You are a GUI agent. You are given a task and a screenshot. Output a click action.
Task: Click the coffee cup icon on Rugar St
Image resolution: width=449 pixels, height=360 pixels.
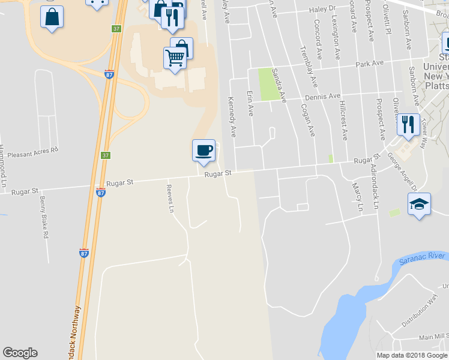[x=203, y=150]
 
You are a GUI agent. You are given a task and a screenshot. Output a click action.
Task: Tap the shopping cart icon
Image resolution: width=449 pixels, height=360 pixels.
[x=175, y=58]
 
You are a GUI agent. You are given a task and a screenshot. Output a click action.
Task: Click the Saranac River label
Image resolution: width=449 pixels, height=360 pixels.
[x=422, y=257]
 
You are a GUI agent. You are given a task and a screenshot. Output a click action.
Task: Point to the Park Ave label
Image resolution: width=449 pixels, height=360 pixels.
[x=369, y=63]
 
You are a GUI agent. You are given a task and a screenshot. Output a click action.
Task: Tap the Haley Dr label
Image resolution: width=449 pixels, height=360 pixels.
[x=322, y=9]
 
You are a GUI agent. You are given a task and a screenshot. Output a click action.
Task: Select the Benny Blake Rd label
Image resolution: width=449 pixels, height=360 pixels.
[x=43, y=217]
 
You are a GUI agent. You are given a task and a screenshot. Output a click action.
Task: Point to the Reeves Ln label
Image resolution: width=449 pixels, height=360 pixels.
[x=170, y=198]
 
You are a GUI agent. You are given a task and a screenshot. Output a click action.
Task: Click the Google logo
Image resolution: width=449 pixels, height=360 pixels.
[x=20, y=353]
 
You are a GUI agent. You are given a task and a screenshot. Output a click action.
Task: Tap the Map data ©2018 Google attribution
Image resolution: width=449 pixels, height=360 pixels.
[x=411, y=355]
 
